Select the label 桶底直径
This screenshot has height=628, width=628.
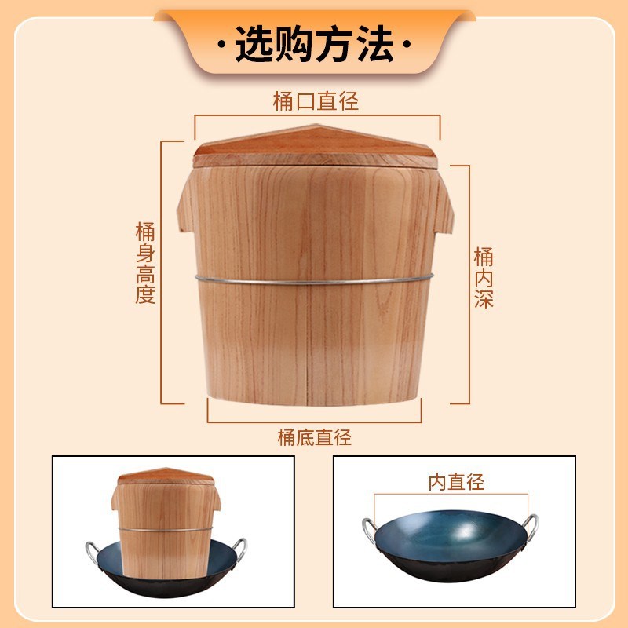pos(314,437)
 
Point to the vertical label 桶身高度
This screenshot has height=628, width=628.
pos(145,263)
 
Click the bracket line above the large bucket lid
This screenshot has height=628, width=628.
pos(317,115)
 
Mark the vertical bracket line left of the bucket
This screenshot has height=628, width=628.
pos(163,271)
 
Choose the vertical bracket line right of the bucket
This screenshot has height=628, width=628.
pos(469,283)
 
